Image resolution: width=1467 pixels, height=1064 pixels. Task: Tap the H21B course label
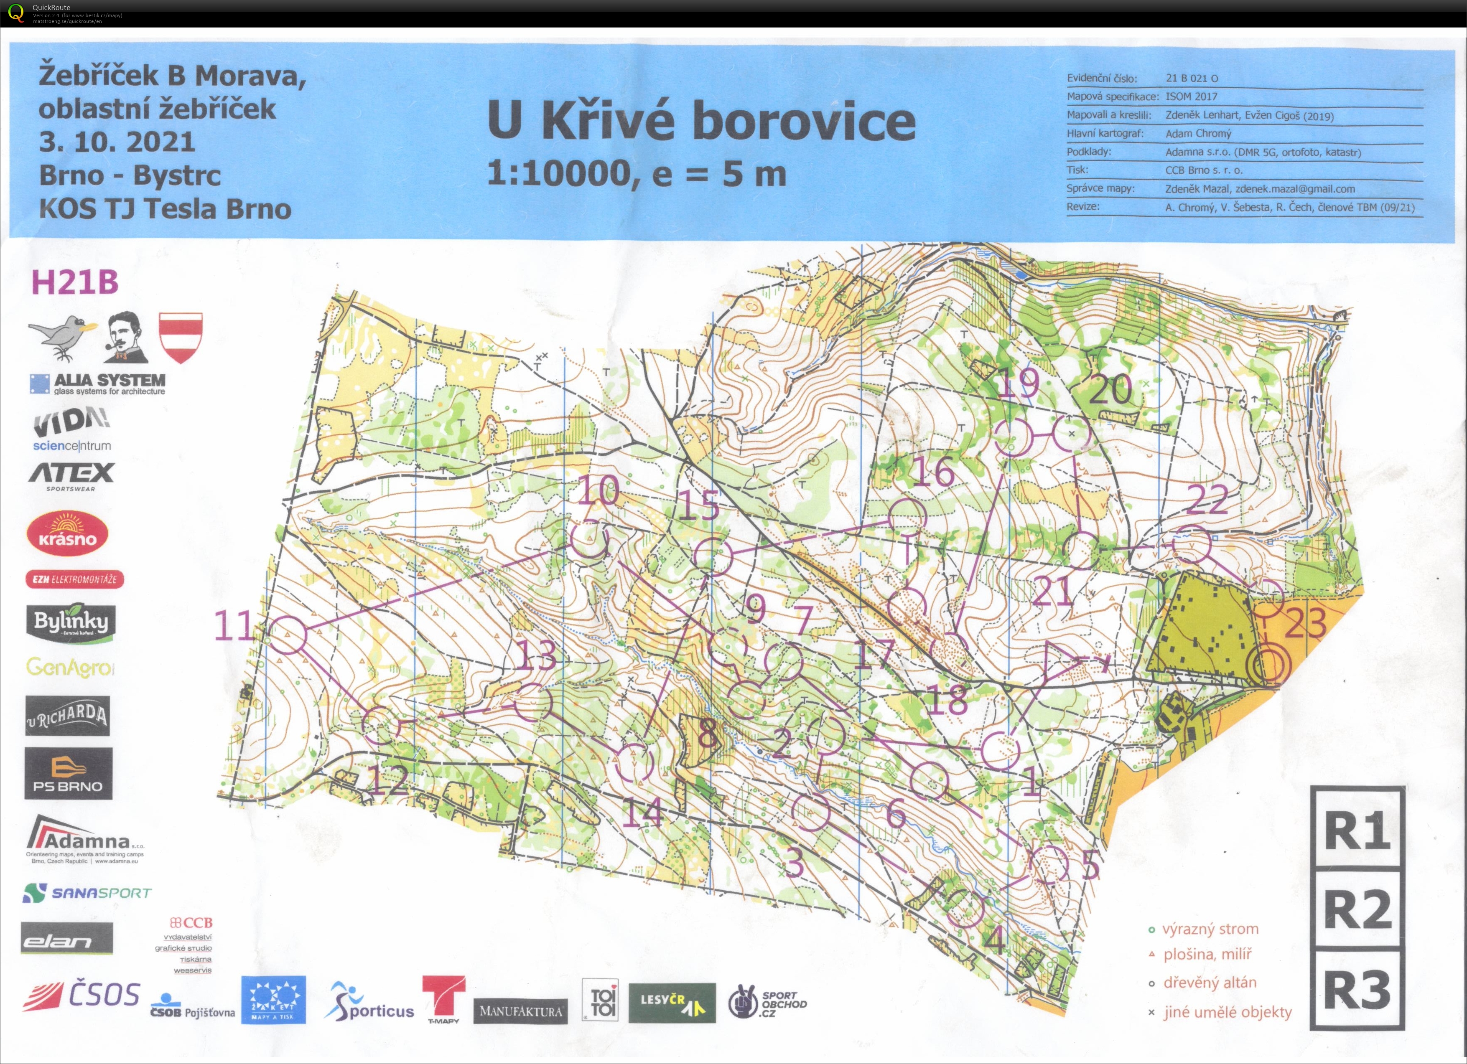point(75,282)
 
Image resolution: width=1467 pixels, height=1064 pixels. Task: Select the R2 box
point(1357,908)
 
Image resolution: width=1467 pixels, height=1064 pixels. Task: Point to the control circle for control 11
point(287,635)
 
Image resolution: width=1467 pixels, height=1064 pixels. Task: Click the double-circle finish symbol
point(1268,665)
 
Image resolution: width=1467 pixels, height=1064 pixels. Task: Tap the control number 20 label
point(1110,389)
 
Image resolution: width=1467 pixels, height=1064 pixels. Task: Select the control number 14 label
point(642,813)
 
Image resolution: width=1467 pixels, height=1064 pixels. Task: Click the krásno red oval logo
point(67,534)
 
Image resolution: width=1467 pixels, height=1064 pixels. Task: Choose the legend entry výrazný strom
point(1210,929)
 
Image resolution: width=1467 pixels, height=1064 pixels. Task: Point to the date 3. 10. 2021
point(117,142)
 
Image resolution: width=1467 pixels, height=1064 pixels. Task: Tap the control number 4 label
point(994,940)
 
